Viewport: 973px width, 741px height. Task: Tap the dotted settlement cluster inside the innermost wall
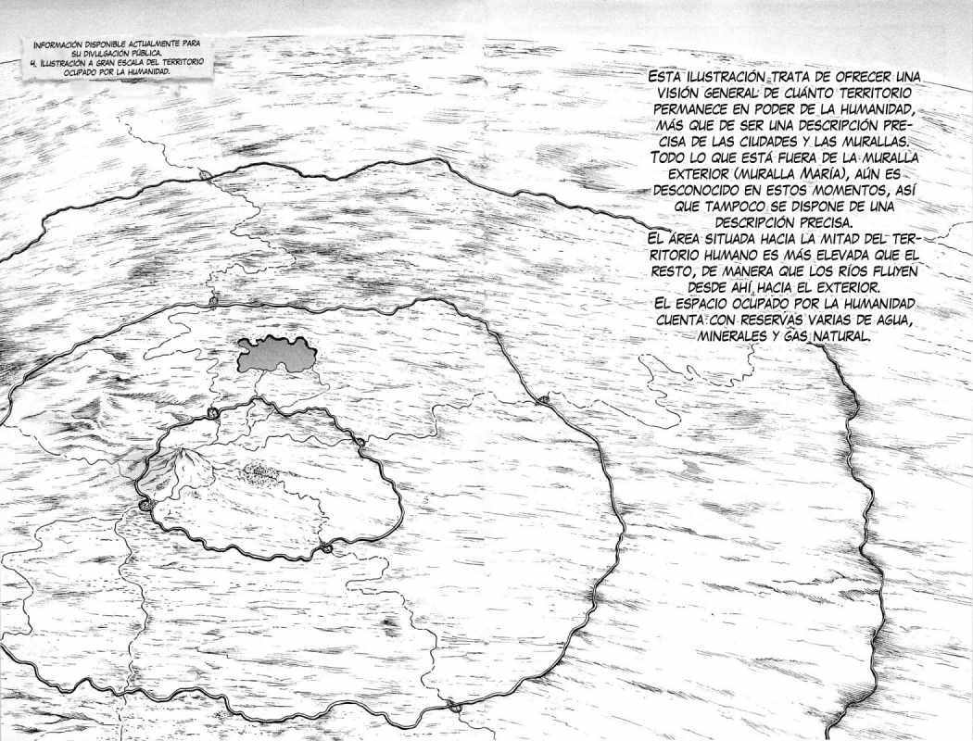[259, 474]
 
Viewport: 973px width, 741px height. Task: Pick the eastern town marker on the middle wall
[543, 400]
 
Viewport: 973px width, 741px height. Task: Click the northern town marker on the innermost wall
[213, 413]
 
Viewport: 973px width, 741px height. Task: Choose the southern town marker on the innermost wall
[327, 549]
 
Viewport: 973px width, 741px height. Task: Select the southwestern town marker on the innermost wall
[145, 505]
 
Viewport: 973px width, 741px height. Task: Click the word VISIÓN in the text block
[674, 94]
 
